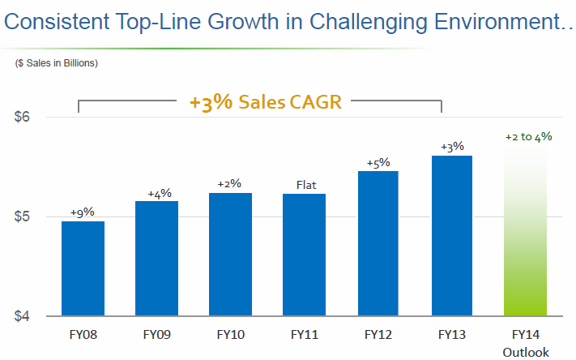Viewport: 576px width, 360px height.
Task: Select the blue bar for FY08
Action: coord(83,268)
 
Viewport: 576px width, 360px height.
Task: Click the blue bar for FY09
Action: coord(156,259)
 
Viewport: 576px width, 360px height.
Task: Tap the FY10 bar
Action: coord(231,255)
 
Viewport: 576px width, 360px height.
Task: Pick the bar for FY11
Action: coord(305,255)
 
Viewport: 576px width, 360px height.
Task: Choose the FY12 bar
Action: coord(378,243)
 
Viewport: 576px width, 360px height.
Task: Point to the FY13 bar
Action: coord(452,236)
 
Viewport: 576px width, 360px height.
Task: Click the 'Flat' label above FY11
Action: coord(305,186)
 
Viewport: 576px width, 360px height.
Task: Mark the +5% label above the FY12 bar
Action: coord(378,163)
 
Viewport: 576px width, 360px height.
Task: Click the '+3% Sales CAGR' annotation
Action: coord(265,103)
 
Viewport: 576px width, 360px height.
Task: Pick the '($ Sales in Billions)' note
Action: coord(57,63)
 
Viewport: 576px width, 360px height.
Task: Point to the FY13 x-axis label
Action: coord(452,334)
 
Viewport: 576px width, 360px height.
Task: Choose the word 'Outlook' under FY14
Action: coord(526,352)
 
